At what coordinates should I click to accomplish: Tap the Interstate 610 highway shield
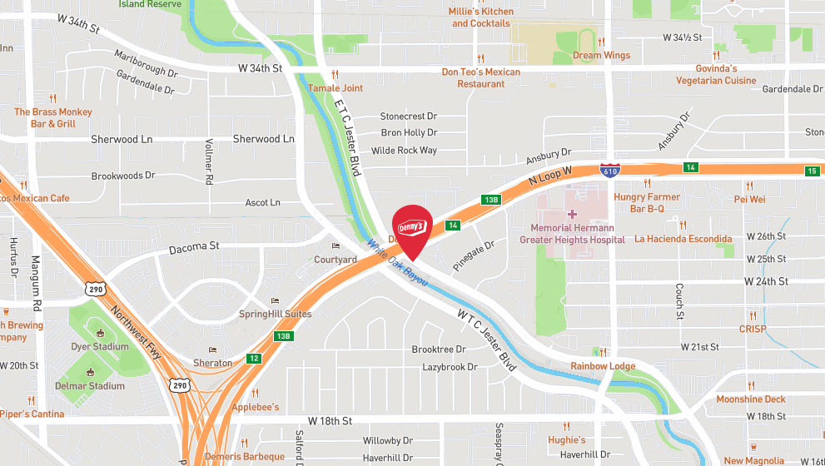(x=610, y=171)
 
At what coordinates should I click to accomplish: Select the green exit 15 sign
(x=812, y=171)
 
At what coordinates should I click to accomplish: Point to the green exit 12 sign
(x=252, y=359)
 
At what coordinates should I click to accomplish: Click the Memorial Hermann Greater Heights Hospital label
(x=572, y=233)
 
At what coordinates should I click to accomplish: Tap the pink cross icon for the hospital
(x=572, y=214)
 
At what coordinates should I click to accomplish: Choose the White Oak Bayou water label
(x=398, y=263)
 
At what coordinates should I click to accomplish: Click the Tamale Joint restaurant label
(x=335, y=88)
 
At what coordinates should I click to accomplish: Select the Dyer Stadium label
(x=100, y=346)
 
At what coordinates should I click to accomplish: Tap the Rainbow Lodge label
(x=603, y=366)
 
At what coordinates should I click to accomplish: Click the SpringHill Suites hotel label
(x=275, y=314)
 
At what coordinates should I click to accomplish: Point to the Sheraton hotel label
(x=213, y=363)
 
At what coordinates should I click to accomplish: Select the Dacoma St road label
(x=193, y=246)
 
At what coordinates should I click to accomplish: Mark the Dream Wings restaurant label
(x=601, y=56)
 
